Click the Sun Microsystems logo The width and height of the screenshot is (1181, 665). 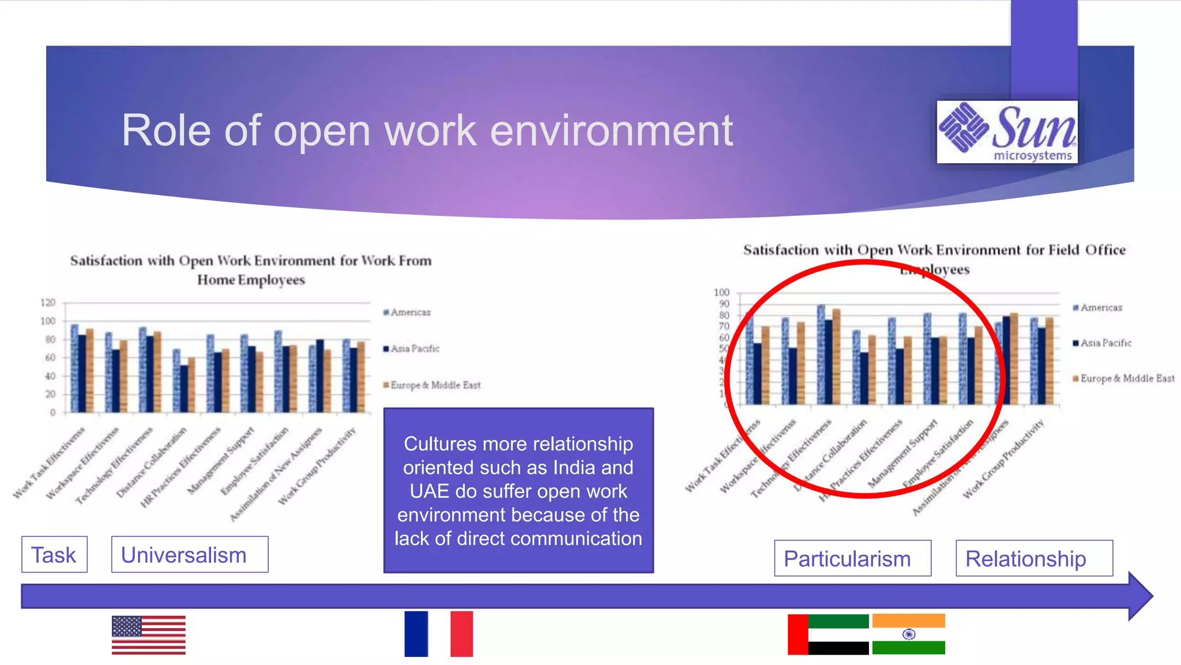coord(1007,132)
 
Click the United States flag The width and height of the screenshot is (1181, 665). coord(149,634)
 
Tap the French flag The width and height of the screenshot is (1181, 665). coord(438,634)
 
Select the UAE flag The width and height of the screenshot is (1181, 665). coord(828,634)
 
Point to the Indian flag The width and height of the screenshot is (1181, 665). coord(908,634)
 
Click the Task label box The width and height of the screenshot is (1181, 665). coord(54,555)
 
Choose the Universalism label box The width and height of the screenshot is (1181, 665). coord(190,555)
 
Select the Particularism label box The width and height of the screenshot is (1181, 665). coord(852,558)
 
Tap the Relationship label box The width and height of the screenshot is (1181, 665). coord(1034,558)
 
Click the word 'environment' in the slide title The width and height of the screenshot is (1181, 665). coord(611,131)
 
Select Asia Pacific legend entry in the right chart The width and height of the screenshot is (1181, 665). coord(1102,343)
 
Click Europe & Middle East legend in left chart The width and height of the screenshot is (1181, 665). coord(432,385)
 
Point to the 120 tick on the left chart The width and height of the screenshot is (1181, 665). coord(48,302)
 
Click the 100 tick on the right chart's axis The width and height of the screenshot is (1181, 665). coord(721,293)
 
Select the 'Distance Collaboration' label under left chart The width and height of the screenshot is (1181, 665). coord(152,462)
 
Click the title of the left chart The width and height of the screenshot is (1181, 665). coord(251,270)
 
